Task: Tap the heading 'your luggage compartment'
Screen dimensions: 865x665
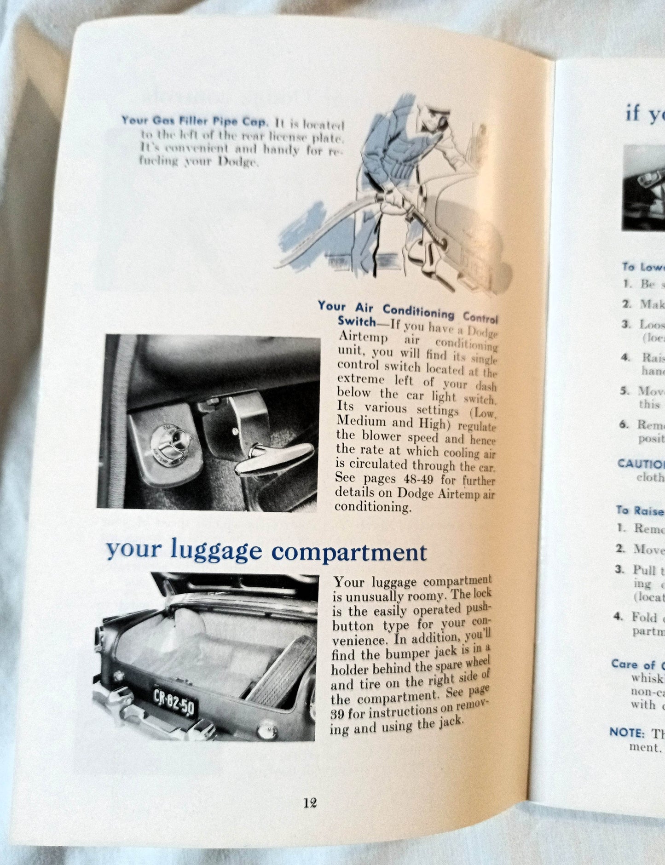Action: point(266,550)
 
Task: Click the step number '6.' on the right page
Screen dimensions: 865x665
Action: point(624,424)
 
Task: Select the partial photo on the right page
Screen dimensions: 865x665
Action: point(644,189)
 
